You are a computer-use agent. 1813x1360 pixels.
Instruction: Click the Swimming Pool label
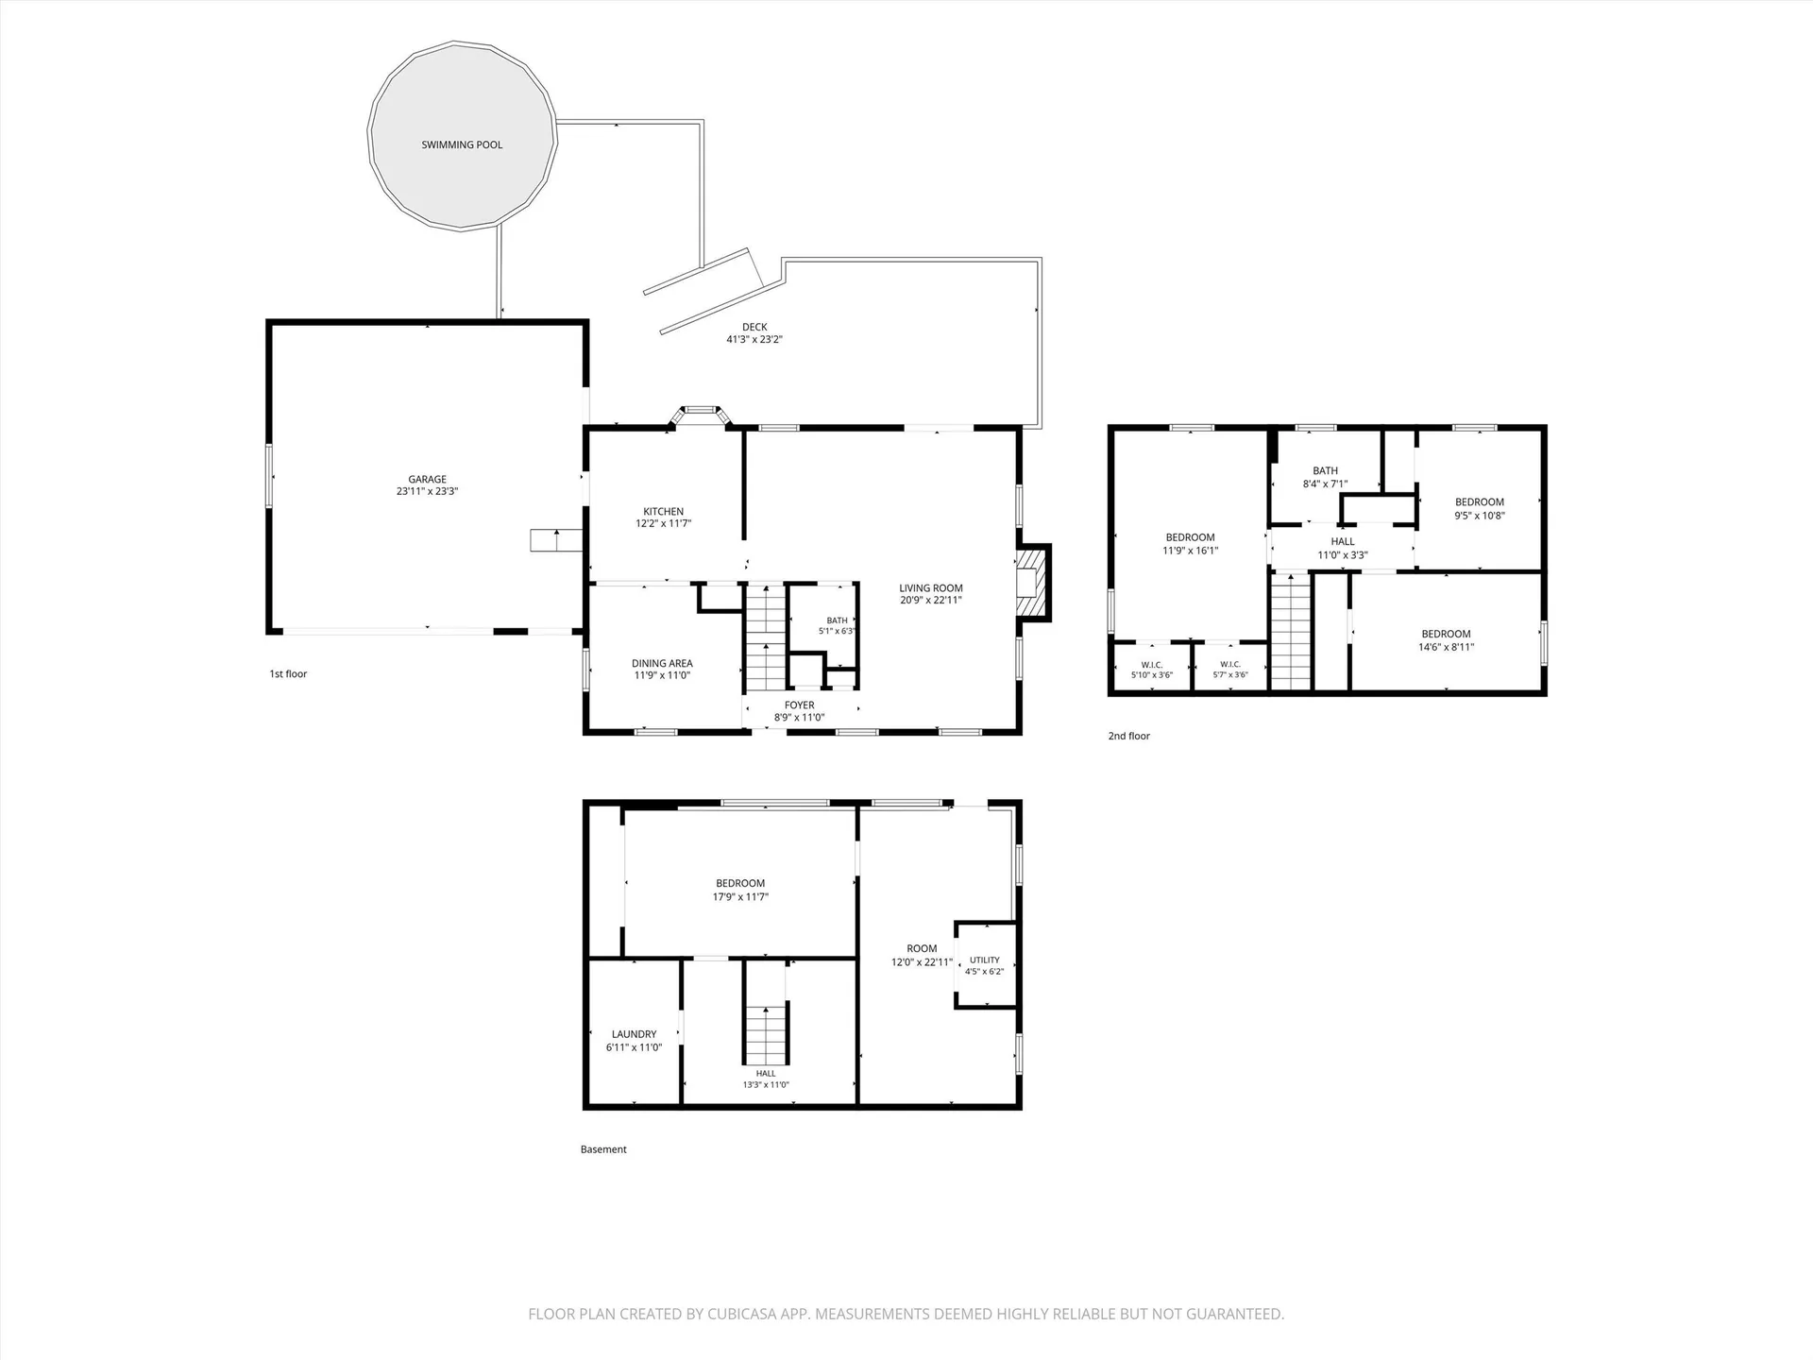[x=462, y=144]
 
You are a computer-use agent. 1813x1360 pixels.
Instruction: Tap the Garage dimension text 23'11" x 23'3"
[x=428, y=491]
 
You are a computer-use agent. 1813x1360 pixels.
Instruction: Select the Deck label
[x=754, y=327]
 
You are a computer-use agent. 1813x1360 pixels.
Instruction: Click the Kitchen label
[x=664, y=511]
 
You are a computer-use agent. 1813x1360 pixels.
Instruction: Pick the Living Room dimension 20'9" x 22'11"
[x=931, y=600]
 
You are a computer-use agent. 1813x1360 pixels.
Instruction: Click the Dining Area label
[x=662, y=663]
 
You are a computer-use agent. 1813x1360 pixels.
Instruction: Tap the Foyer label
[x=800, y=705]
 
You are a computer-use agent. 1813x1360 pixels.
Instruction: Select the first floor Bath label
[x=838, y=620]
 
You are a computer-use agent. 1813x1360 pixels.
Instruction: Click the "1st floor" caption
[x=289, y=673]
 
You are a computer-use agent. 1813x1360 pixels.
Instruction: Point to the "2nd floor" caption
[x=1129, y=736]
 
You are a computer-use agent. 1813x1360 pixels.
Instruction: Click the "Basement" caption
[x=603, y=1149]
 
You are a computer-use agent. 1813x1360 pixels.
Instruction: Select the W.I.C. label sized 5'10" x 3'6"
[x=1152, y=665]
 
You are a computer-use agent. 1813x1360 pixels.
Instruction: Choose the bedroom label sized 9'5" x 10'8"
[x=1480, y=502]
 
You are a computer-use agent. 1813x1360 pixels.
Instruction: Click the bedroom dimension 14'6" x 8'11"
[x=1446, y=647]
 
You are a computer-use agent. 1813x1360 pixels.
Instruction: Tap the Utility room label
[x=984, y=960]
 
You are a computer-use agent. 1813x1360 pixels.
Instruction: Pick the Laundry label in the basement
[x=634, y=1034]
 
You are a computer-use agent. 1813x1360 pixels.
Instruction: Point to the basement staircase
[x=766, y=1034]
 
